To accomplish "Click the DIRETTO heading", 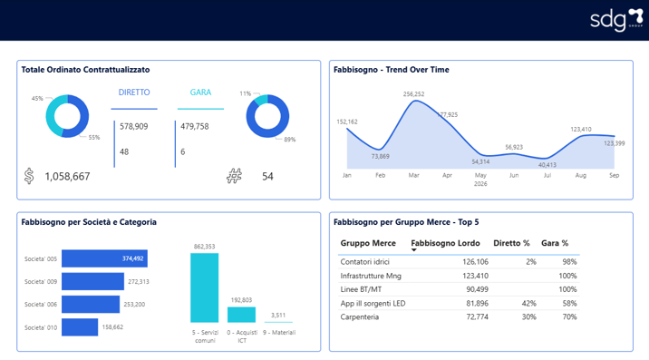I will pyautogui.click(x=134, y=92).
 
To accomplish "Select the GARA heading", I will pyautogui.click(x=200, y=92).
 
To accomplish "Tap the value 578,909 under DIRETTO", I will pyautogui.click(x=134, y=127).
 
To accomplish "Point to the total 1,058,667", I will pyautogui.click(x=67, y=177).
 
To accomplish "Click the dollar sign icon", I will pyautogui.click(x=31, y=176).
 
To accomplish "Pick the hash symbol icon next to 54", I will pyautogui.click(x=234, y=176).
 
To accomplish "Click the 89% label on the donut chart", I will pyautogui.click(x=290, y=140).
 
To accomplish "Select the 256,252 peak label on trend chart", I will pyautogui.click(x=413, y=93).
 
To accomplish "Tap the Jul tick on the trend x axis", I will pyautogui.click(x=547, y=173).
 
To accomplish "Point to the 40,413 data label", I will pyautogui.click(x=547, y=164).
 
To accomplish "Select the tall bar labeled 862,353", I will pyautogui.click(x=204, y=288).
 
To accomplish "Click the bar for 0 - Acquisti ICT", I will pyautogui.click(x=241, y=315).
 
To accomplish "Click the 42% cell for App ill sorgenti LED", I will pyautogui.click(x=528, y=303).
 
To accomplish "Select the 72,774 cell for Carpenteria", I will pyautogui.click(x=476, y=316).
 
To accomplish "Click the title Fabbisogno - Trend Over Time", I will pyautogui.click(x=391, y=70).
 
